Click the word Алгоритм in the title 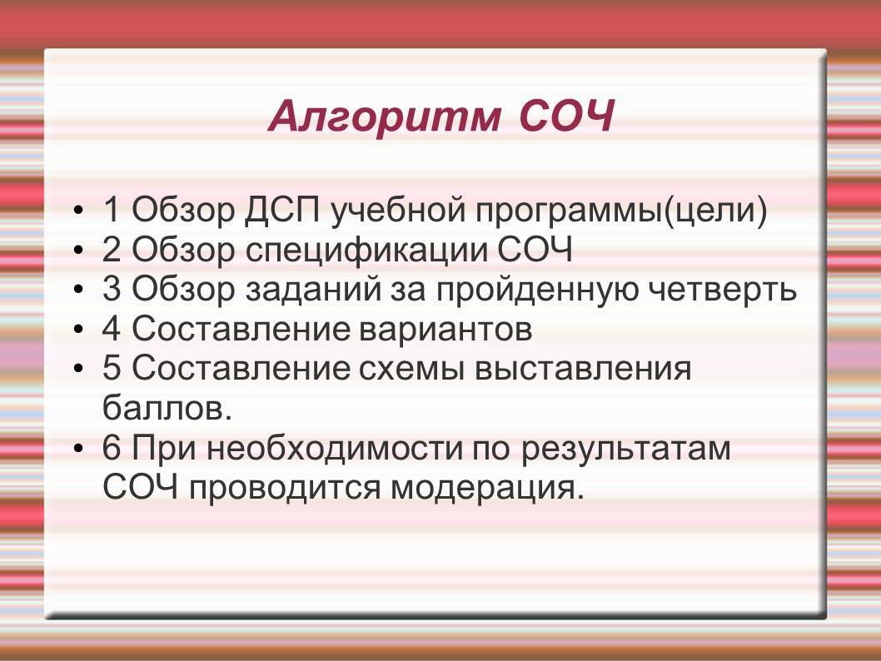pyautogui.click(x=385, y=117)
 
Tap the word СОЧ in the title pyautogui.click(x=566, y=117)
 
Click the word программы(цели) pyautogui.click(x=621, y=211)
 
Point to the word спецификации pyautogui.click(x=367, y=251)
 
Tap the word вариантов pyautogui.click(x=445, y=330)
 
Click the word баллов pyautogui.click(x=167, y=408)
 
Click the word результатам pyautogui.click(x=625, y=450)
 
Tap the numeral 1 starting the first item pyautogui.click(x=112, y=210)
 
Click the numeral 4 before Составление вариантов pyautogui.click(x=112, y=329)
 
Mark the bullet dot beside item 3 pyautogui.click(x=78, y=291)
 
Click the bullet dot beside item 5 pyautogui.click(x=78, y=370)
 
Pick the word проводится pyautogui.click(x=285, y=489)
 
